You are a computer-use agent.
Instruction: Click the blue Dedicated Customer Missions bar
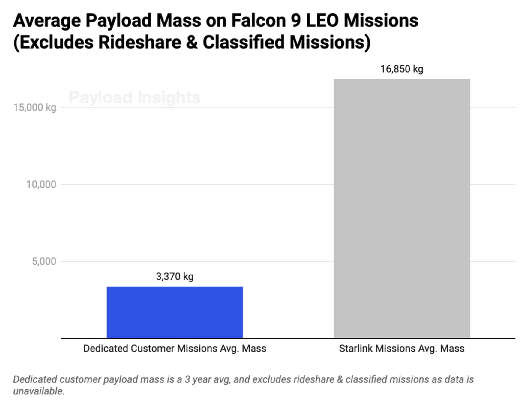175,312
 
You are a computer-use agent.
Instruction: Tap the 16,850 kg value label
402,69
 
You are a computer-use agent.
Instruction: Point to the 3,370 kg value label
175,276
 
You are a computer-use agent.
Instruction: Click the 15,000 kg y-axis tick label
34,108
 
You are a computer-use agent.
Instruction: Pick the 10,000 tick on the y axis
41,185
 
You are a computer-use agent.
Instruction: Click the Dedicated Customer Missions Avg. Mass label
175,349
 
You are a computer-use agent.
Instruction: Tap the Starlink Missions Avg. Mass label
402,349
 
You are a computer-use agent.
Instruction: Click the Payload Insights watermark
134,97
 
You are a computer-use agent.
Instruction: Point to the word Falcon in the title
258,21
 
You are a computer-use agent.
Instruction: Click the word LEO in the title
322,21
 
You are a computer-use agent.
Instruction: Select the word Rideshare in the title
139,42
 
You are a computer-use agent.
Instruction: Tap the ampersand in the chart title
192,42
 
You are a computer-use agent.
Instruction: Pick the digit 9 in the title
296,21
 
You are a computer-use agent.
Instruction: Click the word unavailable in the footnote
39,391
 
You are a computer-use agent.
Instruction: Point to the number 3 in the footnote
187,379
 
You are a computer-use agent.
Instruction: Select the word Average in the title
47,21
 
